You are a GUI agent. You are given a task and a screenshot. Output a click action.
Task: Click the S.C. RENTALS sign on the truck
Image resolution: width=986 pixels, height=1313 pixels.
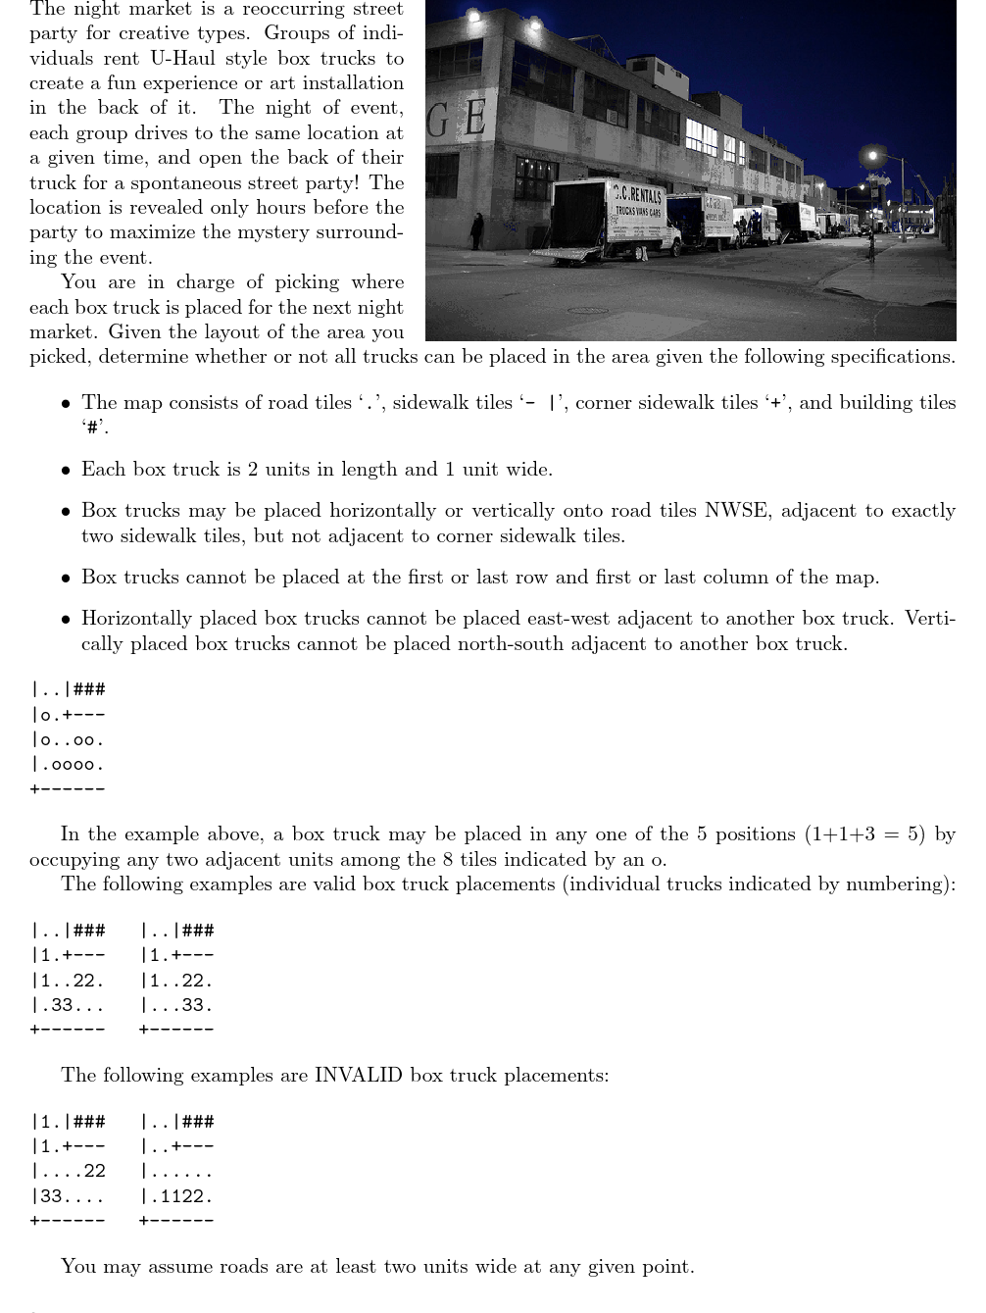point(638,194)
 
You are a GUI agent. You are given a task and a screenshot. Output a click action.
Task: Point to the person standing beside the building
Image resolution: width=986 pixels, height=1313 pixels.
point(477,230)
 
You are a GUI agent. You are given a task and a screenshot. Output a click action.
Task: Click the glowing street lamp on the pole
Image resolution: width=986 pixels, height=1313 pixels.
point(871,155)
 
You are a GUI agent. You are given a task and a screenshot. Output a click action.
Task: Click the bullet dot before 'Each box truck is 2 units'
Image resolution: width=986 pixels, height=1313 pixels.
point(65,471)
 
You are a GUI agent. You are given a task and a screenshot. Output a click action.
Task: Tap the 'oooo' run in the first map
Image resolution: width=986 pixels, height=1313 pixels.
point(73,765)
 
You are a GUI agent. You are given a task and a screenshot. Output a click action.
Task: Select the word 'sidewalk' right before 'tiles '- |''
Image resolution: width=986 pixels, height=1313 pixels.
point(428,403)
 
